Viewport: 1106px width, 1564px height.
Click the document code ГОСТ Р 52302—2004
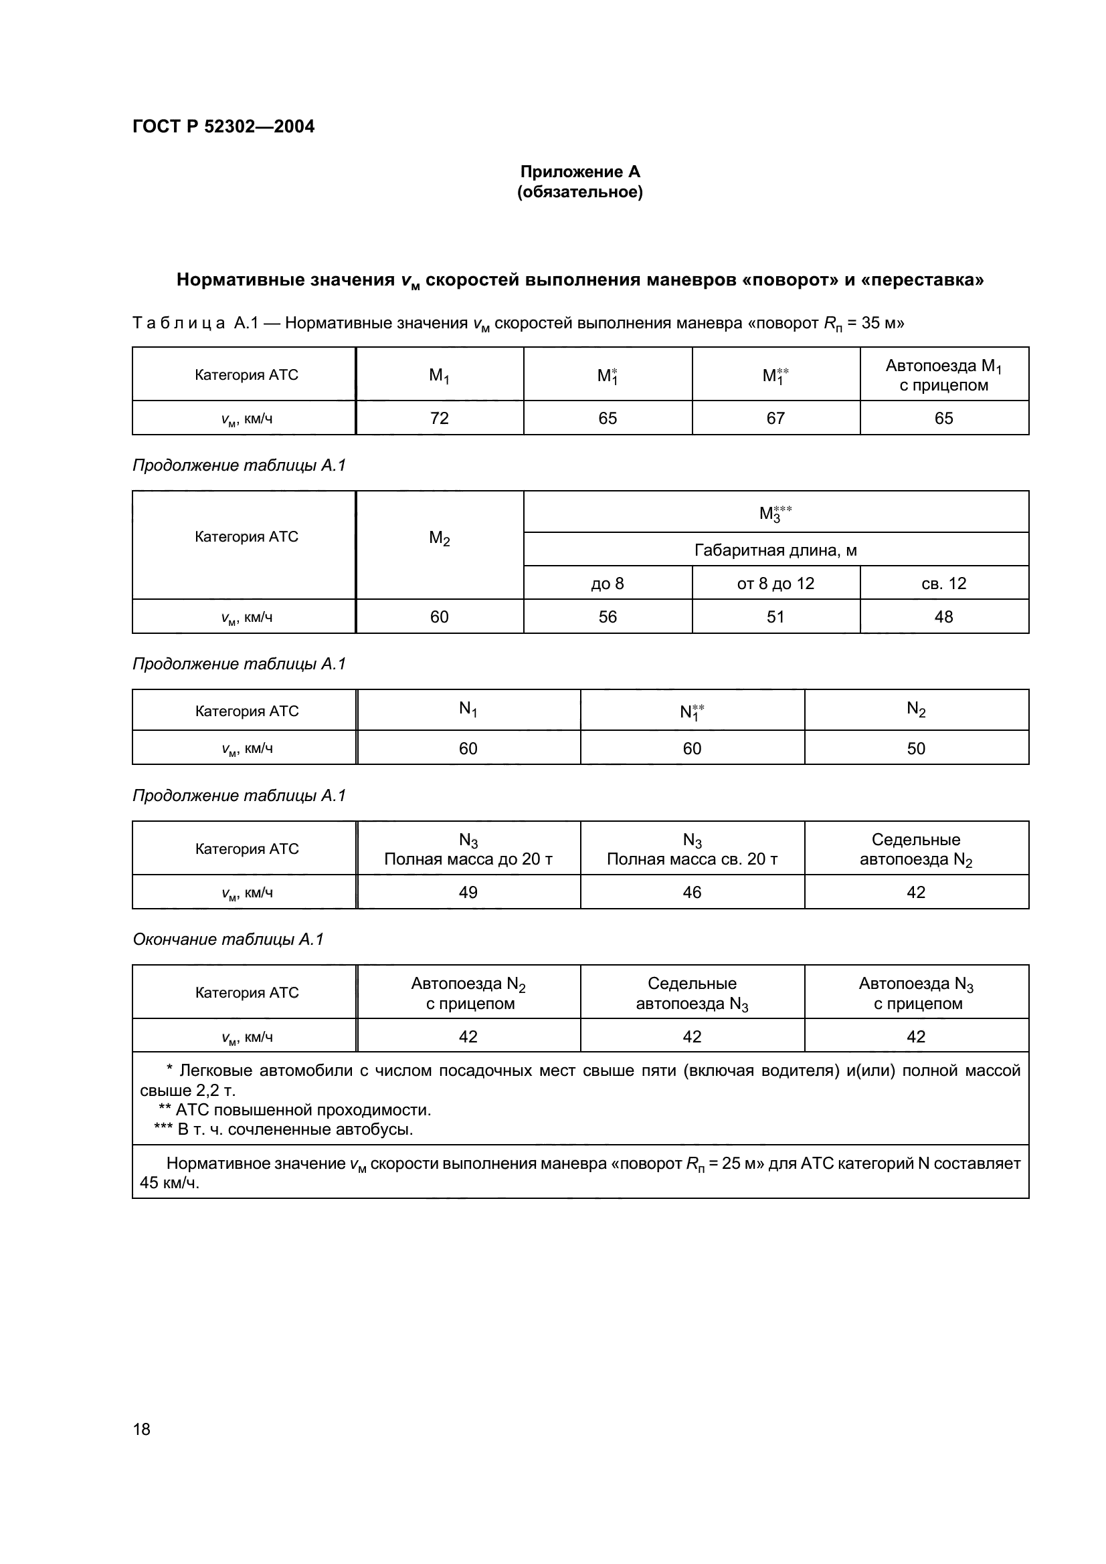click(x=223, y=126)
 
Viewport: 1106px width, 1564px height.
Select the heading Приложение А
click(x=580, y=172)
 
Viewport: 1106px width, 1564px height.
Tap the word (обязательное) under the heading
click(x=580, y=192)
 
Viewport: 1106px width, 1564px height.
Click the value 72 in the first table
click(x=440, y=418)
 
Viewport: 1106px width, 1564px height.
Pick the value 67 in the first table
click(x=775, y=418)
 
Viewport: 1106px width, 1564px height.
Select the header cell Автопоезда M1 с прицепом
click(x=944, y=375)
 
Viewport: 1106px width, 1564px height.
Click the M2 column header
click(x=440, y=538)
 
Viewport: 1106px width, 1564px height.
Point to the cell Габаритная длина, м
click(x=775, y=550)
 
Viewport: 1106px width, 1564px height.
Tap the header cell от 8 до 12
click(x=775, y=583)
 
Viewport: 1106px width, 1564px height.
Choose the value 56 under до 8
click(x=607, y=617)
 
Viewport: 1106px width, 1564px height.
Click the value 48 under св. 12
click(x=944, y=617)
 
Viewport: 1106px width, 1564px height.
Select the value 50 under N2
click(x=916, y=749)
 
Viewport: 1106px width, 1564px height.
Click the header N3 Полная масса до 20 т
click(x=468, y=849)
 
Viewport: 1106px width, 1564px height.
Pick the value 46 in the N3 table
click(x=692, y=893)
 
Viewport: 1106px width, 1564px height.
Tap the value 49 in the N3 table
click(x=468, y=893)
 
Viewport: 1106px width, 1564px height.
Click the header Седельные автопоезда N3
click(x=692, y=993)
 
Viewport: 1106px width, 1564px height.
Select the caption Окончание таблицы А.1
click(x=227, y=939)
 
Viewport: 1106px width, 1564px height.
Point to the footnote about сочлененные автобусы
click(x=284, y=1129)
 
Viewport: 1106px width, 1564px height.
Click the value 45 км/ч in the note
click(x=170, y=1183)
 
